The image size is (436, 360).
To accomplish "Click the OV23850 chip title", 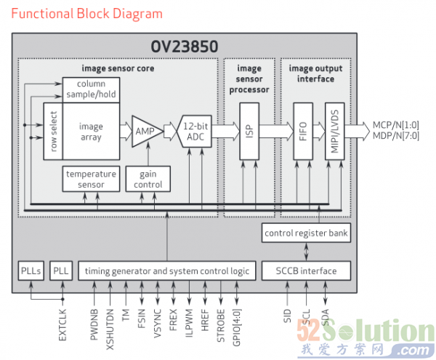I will click(183, 46).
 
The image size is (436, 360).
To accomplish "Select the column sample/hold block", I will click(90, 89).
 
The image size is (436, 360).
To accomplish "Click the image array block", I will click(91, 131).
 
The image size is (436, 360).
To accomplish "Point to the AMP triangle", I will click(146, 132).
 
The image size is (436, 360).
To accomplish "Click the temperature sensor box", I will click(91, 179).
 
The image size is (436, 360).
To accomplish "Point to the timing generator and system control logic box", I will click(166, 271).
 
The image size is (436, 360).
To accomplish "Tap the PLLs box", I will click(31, 271).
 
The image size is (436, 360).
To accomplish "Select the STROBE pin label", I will click(220, 325).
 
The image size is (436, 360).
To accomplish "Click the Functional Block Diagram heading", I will click(86, 14).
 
